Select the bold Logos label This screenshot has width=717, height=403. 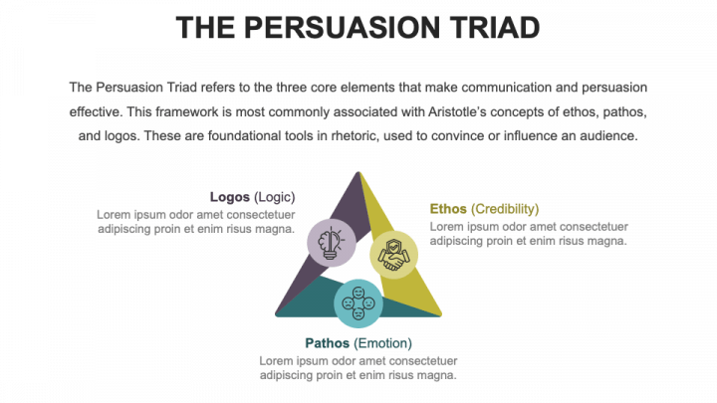tap(230, 197)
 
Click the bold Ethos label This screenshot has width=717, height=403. tap(449, 209)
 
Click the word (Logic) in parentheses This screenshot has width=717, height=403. tap(275, 197)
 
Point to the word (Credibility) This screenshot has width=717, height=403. tap(506, 209)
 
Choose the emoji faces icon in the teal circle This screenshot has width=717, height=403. tap(358, 302)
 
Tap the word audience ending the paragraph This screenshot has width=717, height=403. tap(608, 135)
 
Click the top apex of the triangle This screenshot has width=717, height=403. tap(358, 172)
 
